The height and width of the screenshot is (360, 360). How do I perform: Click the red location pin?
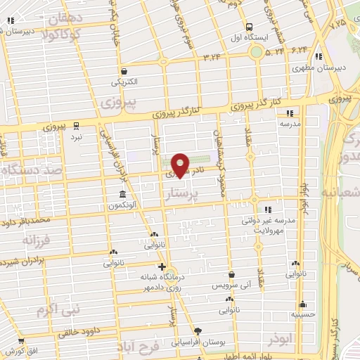[180, 165]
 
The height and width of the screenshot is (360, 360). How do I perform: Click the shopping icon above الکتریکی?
[124, 71]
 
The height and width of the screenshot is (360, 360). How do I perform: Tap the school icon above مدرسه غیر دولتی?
[267, 209]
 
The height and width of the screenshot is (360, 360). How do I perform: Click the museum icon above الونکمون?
[123, 194]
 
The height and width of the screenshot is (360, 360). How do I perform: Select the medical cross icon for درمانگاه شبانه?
[162, 266]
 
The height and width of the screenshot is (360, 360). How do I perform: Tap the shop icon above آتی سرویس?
[231, 275]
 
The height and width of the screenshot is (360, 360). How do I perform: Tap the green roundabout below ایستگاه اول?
[257, 52]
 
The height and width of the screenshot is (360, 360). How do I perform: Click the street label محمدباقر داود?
[27, 223]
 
